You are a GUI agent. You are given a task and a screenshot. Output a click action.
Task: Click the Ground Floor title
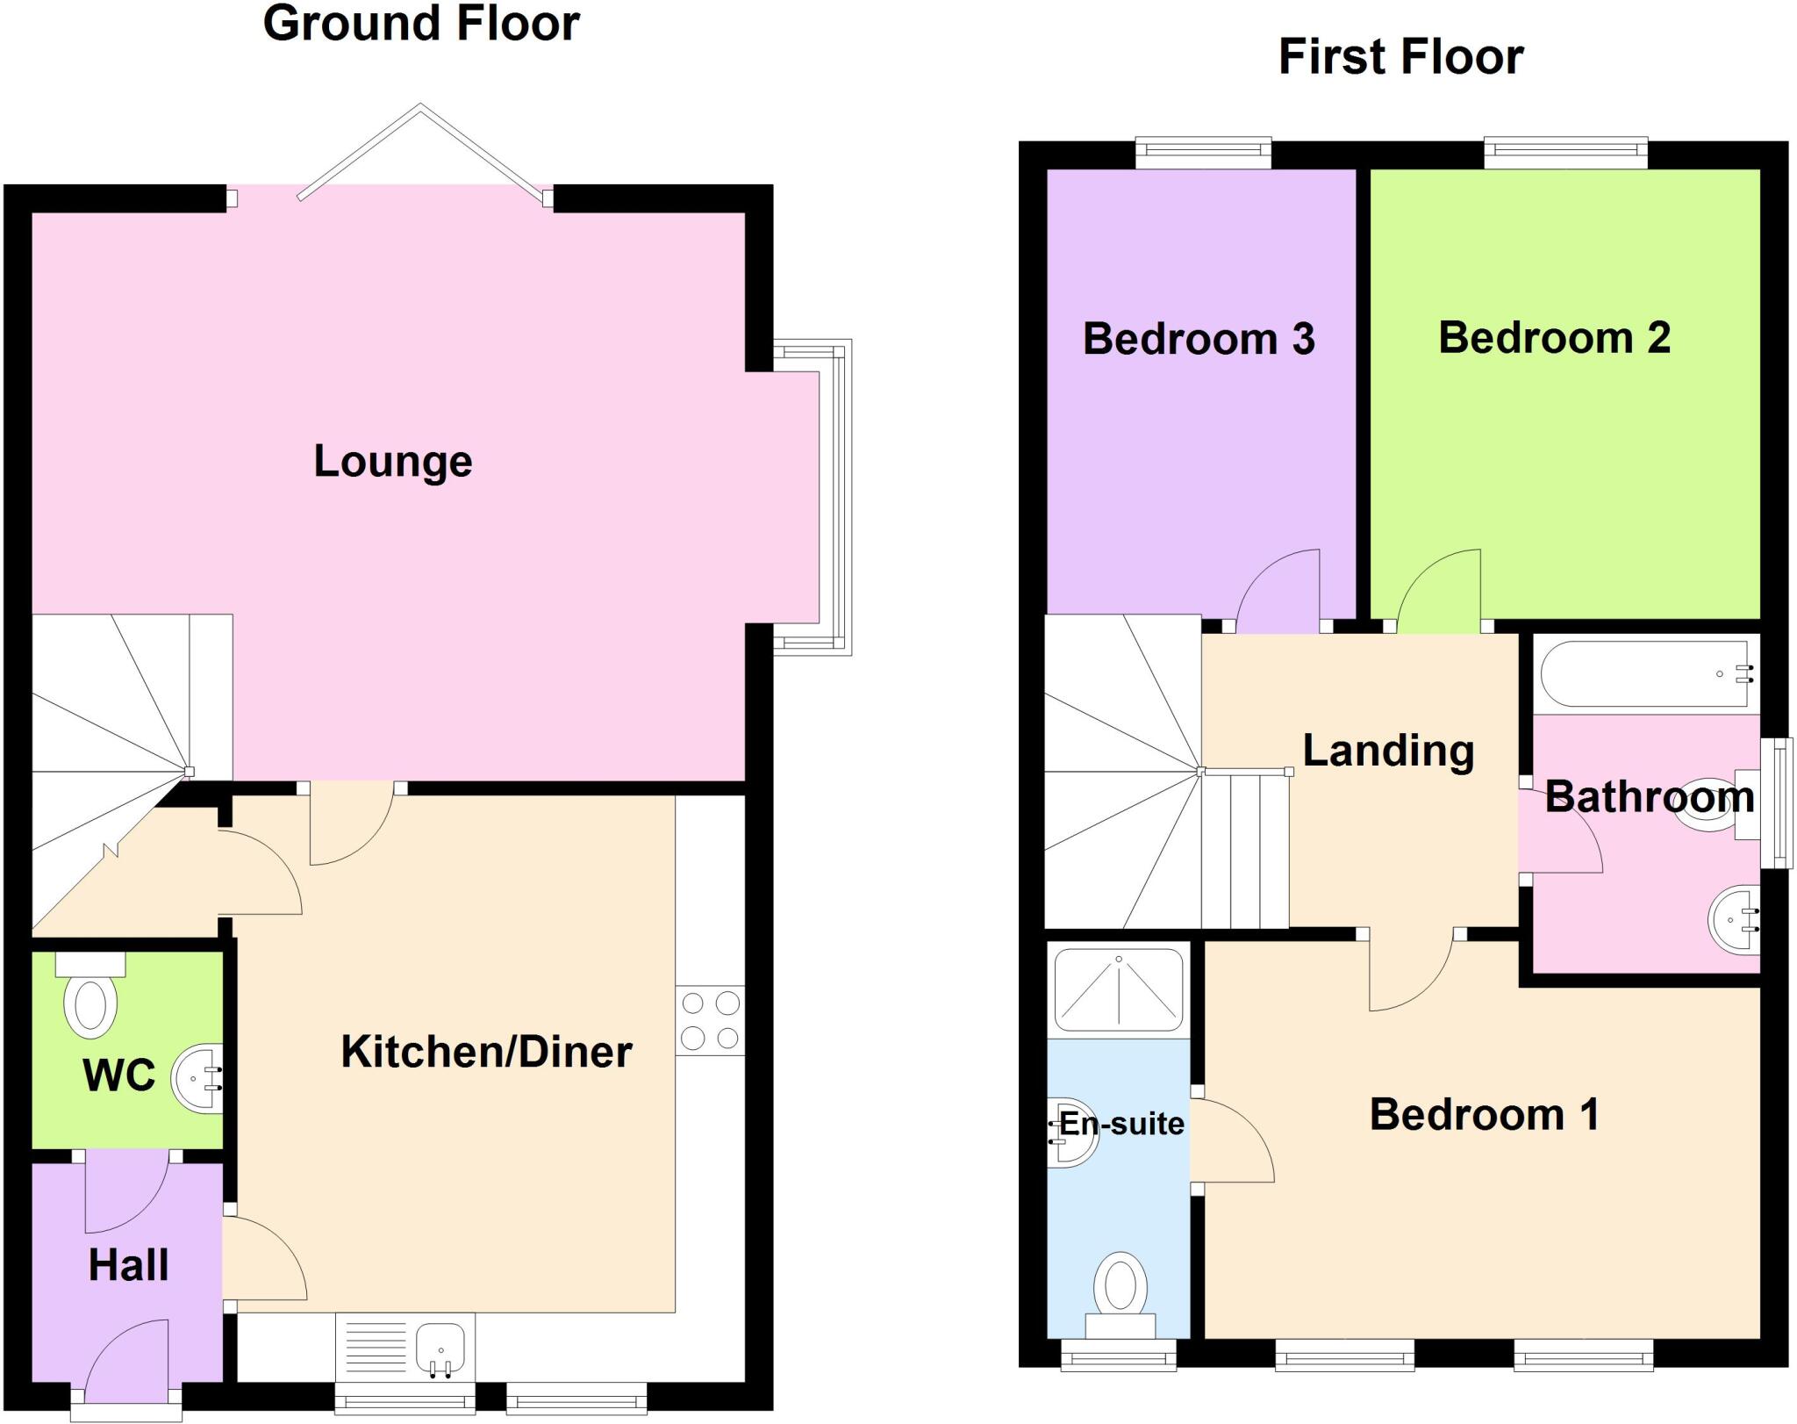click(x=421, y=24)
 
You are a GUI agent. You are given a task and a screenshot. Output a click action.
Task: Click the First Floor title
click(x=1400, y=57)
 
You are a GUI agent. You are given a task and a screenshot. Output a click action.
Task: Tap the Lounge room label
click(x=393, y=462)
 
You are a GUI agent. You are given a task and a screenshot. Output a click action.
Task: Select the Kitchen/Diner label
click(x=486, y=1052)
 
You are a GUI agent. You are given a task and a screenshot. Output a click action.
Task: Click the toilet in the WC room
click(x=90, y=1001)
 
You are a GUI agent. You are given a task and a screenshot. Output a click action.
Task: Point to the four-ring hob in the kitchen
click(x=710, y=1020)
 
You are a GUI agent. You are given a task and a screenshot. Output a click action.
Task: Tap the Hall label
click(x=128, y=1265)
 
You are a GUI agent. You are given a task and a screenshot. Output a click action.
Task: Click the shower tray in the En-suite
click(x=1118, y=989)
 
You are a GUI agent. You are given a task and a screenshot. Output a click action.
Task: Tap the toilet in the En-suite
click(x=1120, y=1291)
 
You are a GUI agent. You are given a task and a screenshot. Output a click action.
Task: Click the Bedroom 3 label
click(x=1199, y=339)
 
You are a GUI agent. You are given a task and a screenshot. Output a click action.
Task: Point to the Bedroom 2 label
click(x=1554, y=338)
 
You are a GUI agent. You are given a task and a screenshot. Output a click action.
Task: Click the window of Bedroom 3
click(x=1203, y=153)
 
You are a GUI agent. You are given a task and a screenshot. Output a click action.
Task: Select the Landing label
click(x=1388, y=751)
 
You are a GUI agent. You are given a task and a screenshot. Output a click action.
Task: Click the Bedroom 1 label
click(x=1484, y=1115)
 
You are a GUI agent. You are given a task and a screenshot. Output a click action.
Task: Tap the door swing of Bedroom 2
click(x=1439, y=590)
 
